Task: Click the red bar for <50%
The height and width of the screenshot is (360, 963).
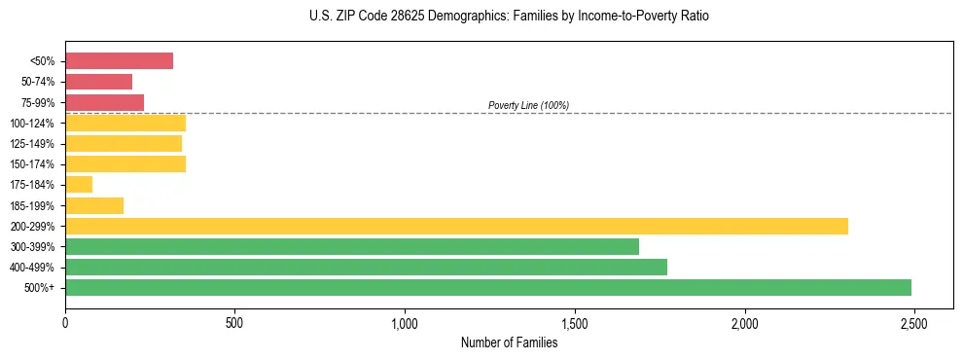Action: click(x=119, y=61)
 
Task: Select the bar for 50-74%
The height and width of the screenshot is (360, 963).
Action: click(x=98, y=82)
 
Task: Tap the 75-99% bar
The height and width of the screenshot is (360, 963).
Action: click(x=104, y=102)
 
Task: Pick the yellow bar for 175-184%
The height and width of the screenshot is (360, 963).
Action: click(x=79, y=185)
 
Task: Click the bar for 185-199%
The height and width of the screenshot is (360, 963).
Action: click(x=94, y=205)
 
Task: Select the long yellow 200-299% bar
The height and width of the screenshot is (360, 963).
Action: click(x=456, y=226)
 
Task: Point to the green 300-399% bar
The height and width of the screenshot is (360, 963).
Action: click(x=352, y=246)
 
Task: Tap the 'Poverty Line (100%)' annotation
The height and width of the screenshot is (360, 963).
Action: click(x=528, y=105)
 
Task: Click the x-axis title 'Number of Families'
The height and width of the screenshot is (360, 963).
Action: click(x=509, y=342)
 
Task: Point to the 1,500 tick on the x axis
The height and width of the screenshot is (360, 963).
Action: click(x=574, y=322)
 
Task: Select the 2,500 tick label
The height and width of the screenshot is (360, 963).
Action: click(x=913, y=322)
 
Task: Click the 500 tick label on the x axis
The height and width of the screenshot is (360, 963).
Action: click(x=234, y=322)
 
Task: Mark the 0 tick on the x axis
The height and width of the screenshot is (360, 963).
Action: click(x=65, y=322)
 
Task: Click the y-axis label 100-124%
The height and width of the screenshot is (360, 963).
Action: click(x=34, y=124)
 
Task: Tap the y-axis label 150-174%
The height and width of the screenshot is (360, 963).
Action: click(x=34, y=164)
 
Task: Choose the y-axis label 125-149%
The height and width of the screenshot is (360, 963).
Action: click(x=34, y=144)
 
